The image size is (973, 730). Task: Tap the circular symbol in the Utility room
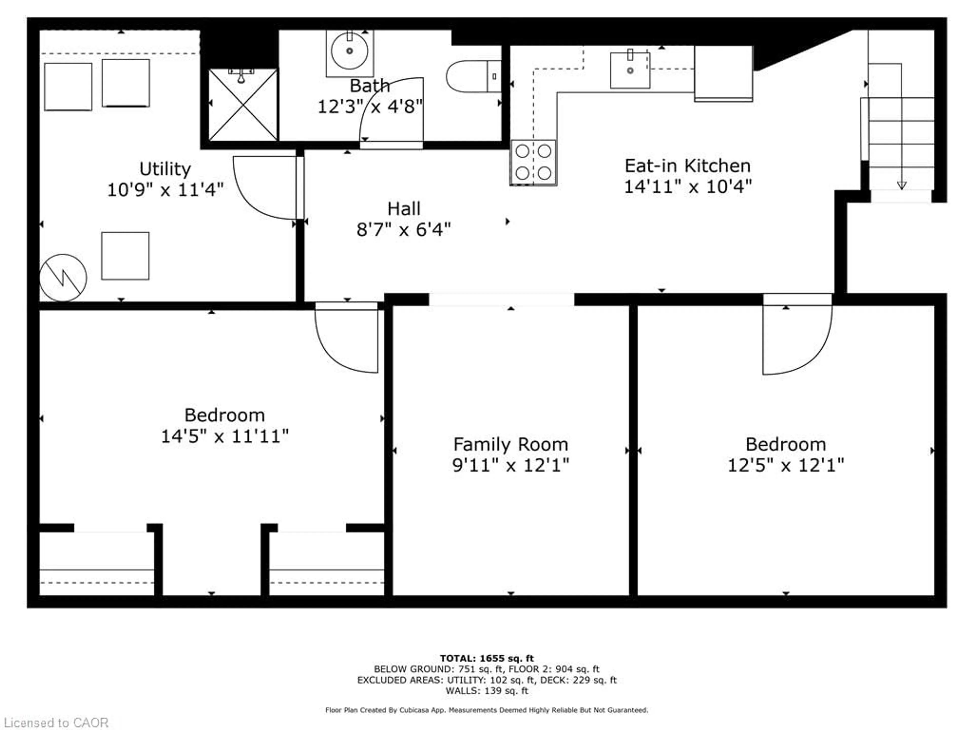pos(63,278)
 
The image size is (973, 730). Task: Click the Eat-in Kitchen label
pos(687,166)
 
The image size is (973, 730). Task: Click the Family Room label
pos(510,444)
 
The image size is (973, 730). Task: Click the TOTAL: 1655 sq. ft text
pos(486,658)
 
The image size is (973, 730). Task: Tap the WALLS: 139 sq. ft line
pos(486,691)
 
